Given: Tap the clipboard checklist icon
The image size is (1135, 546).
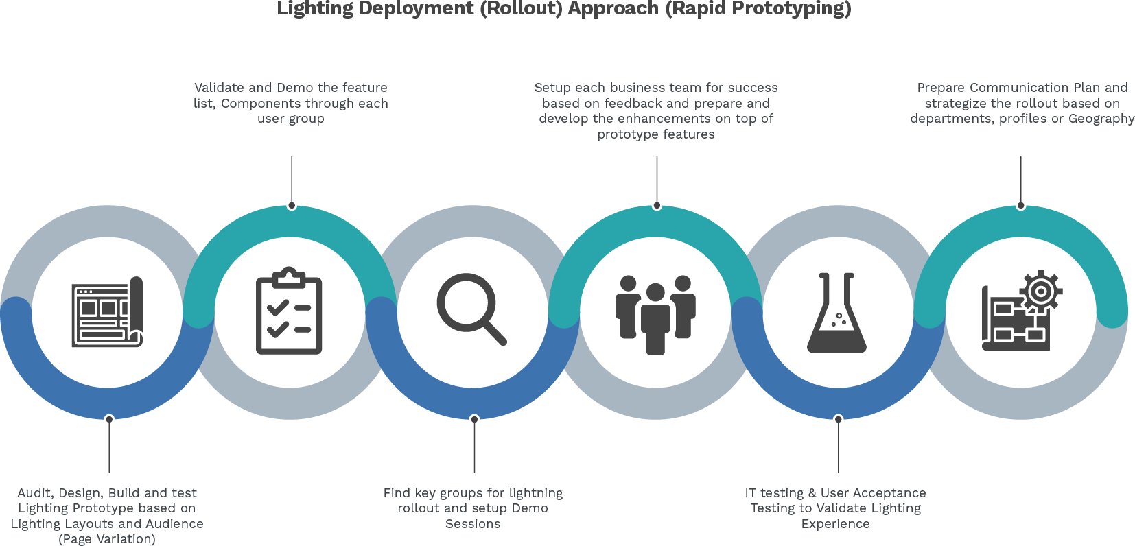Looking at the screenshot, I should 289,311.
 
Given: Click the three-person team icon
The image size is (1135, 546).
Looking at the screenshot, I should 655,314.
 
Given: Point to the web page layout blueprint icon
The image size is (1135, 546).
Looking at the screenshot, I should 107,312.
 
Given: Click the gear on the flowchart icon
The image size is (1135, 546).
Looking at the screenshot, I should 1041,291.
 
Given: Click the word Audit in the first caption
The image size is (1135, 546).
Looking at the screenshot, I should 34,493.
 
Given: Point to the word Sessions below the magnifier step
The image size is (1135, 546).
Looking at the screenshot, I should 473,524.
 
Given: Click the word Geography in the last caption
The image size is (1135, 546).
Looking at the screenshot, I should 1101,119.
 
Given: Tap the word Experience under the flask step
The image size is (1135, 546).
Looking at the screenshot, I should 835,524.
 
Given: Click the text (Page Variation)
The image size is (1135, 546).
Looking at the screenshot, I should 107,539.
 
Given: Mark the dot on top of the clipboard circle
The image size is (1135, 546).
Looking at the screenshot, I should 292,205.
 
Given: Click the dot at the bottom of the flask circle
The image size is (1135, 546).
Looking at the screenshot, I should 838,418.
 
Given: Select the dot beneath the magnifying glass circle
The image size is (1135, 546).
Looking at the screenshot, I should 474,418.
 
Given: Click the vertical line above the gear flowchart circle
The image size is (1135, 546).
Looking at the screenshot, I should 1020,178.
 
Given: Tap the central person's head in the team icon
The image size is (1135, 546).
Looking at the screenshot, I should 655,293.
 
